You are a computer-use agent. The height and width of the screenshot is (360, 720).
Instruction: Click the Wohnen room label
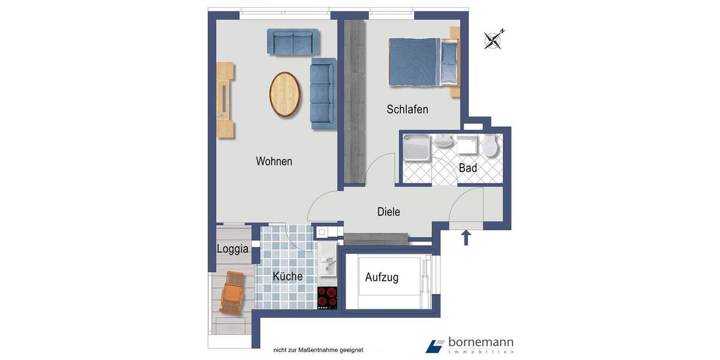tap(274, 161)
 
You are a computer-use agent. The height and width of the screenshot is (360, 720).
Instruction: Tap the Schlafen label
tap(407, 109)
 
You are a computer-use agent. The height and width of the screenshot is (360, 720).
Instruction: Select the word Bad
tap(468, 168)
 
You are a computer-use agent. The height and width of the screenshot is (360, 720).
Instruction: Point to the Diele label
tap(388, 212)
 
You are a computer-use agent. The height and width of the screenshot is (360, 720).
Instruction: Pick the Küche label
tap(287, 277)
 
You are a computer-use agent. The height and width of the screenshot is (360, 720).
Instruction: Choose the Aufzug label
tap(382, 277)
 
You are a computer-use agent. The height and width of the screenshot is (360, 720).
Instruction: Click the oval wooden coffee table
tap(284, 94)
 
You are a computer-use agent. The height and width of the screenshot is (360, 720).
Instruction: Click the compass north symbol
tap(494, 40)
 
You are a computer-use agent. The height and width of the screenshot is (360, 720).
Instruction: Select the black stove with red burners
tap(328, 298)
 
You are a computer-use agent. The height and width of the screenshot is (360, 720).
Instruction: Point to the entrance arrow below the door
tap(465, 238)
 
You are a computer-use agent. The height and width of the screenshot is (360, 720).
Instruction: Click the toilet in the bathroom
tap(491, 146)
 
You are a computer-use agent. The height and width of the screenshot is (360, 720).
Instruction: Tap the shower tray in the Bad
tap(416, 147)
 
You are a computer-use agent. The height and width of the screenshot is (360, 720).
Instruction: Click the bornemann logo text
tap(480, 343)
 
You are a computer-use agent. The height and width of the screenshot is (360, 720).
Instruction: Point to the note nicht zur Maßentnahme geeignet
tap(318, 350)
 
